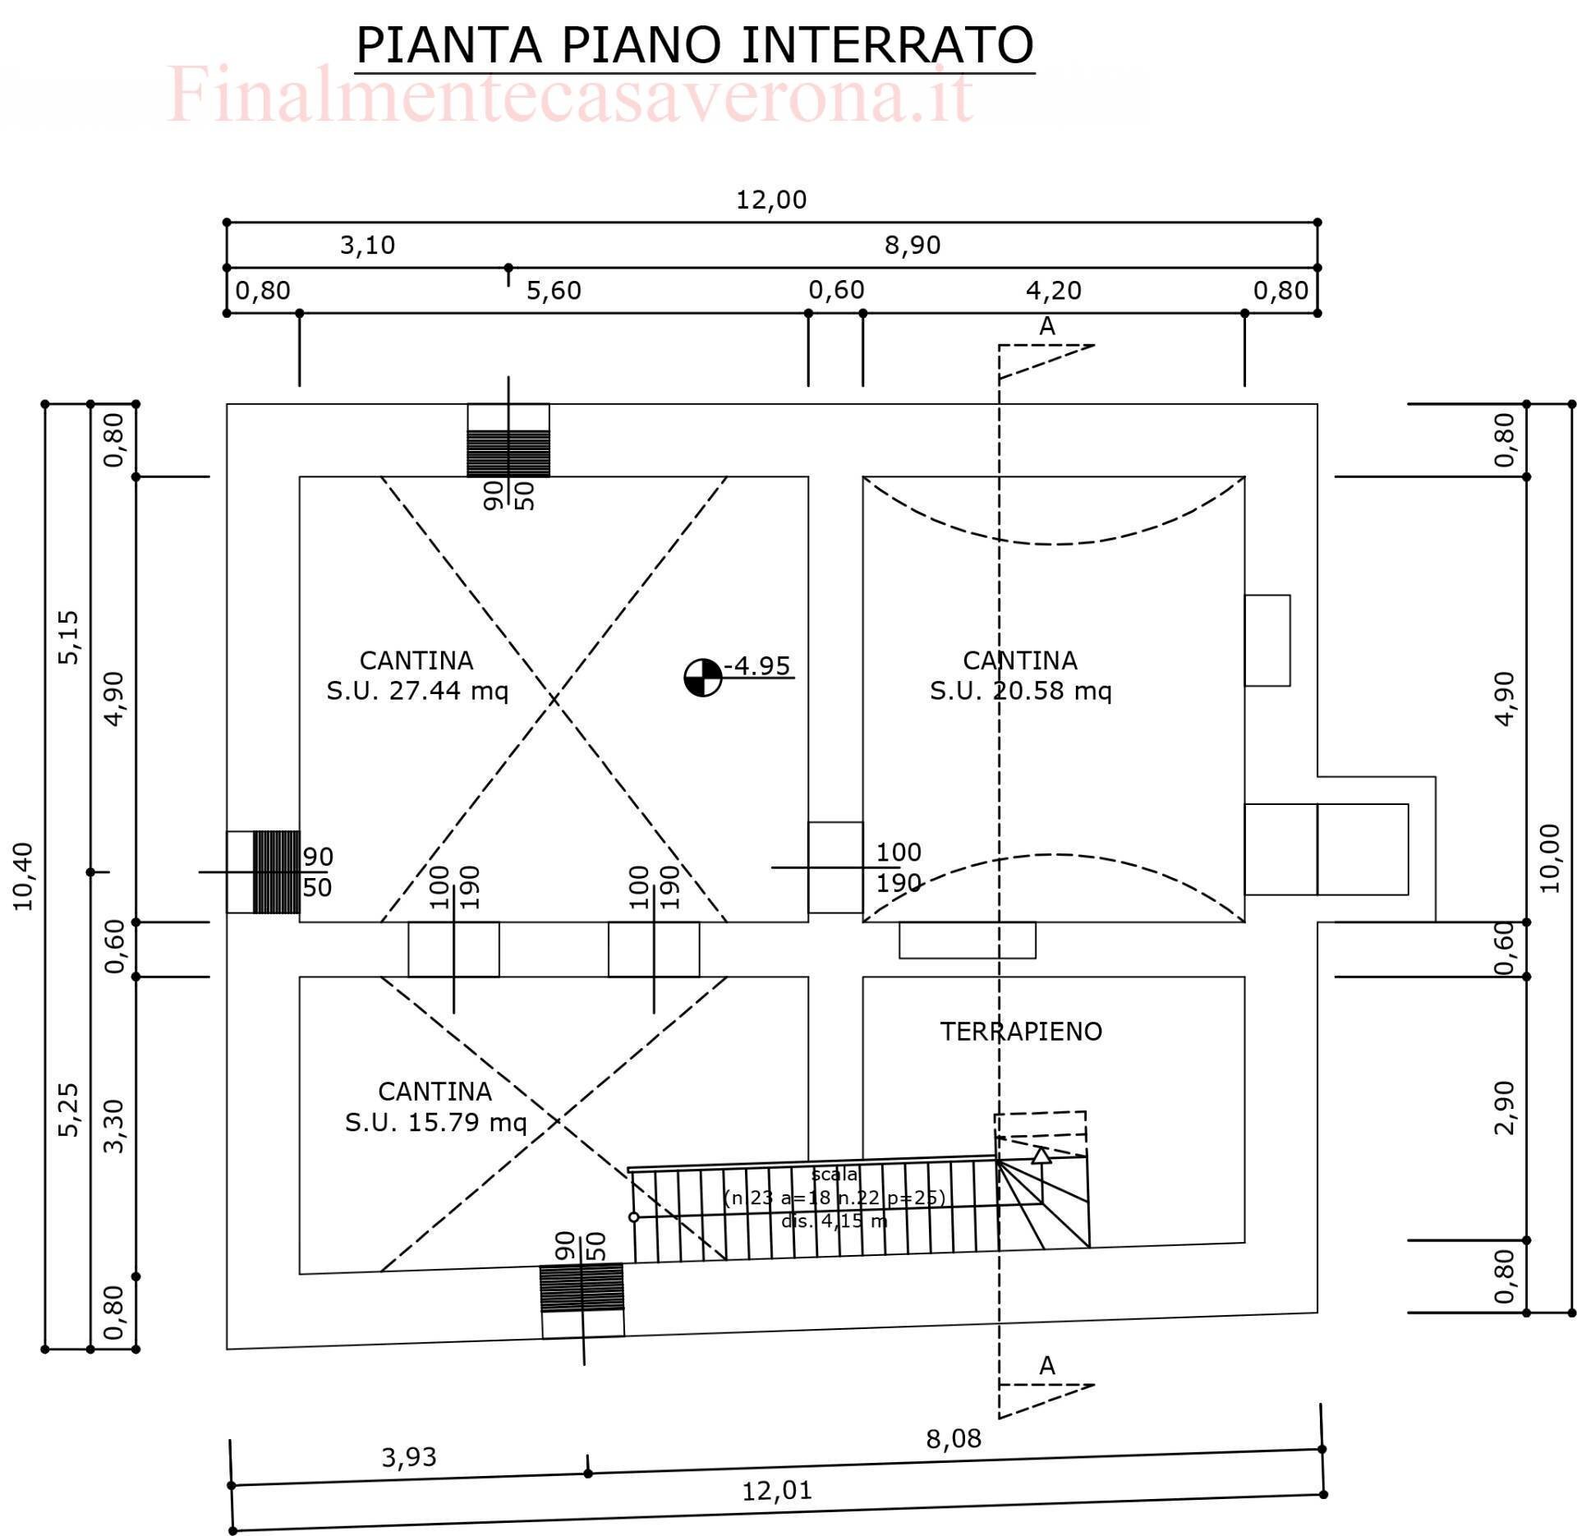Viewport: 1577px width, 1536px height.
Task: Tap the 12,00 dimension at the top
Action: [770, 200]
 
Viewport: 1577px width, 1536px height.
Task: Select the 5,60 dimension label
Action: [553, 290]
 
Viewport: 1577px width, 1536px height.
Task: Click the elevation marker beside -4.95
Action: [702, 677]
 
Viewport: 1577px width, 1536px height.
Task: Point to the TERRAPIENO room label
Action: [1020, 1032]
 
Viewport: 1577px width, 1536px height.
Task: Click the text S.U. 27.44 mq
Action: [417, 691]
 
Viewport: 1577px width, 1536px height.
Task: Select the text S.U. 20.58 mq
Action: [1020, 691]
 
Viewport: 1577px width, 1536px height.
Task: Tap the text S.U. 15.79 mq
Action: [435, 1122]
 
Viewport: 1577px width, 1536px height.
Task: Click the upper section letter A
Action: [1046, 327]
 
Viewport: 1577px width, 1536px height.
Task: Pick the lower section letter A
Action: [1046, 1366]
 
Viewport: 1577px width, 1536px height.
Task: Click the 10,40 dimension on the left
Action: [24, 876]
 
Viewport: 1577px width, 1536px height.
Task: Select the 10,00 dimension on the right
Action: [1549, 858]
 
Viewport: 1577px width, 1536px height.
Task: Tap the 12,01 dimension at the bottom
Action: [776, 1490]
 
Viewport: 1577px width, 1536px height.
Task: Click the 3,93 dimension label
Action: [408, 1457]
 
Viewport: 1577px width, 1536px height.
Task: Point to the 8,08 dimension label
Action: [953, 1439]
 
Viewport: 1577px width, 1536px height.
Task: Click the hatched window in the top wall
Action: [508, 453]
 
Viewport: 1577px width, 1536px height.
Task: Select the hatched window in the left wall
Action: [276, 871]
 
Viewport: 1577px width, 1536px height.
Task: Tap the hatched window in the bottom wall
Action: [582, 1287]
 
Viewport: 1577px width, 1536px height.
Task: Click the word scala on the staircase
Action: [834, 1174]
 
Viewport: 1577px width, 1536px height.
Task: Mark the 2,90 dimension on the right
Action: [1504, 1107]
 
